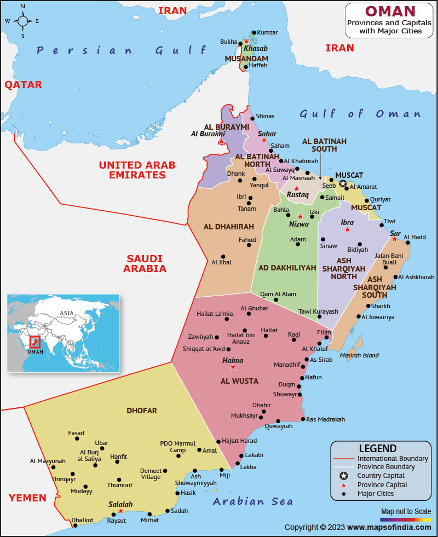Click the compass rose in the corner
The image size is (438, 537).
click(22, 21)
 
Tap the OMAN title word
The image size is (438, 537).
click(390, 11)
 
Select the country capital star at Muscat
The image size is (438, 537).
click(343, 184)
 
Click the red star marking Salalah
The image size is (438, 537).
click(121, 511)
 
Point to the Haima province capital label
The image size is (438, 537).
click(233, 360)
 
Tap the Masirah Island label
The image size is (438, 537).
click(359, 355)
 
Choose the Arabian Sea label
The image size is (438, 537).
click(253, 501)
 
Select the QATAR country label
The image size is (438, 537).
click(24, 85)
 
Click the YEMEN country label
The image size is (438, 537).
click(27, 498)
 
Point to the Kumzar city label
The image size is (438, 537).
click(267, 33)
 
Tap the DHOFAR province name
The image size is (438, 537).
click(142, 410)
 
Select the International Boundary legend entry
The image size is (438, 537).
click(392, 458)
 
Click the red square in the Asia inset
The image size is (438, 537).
click(35, 342)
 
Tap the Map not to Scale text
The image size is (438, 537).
click(406, 511)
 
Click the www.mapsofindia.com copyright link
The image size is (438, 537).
click(389, 527)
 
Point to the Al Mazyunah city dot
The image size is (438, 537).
click(53, 467)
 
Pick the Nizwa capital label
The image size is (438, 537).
click(299, 224)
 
